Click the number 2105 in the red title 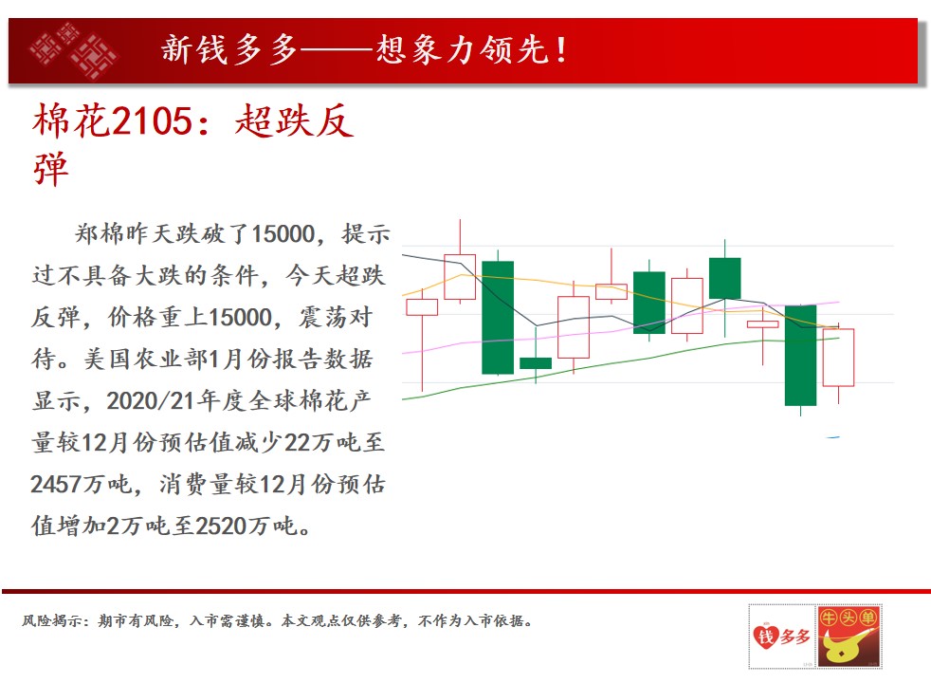coord(152,121)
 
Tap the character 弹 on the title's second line coord(51,169)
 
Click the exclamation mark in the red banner coord(561,49)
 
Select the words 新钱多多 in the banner coord(229,49)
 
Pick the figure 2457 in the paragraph coord(56,484)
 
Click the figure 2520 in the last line coord(220,526)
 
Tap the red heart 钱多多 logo coord(781,637)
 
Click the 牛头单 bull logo coord(849,637)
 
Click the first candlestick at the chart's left coord(422,307)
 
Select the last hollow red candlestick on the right coord(838,358)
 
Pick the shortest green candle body coord(536,363)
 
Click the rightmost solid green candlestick coord(800,355)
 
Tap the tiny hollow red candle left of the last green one coord(762,323)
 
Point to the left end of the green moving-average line coord(403,399)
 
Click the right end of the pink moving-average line coord(839,303)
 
